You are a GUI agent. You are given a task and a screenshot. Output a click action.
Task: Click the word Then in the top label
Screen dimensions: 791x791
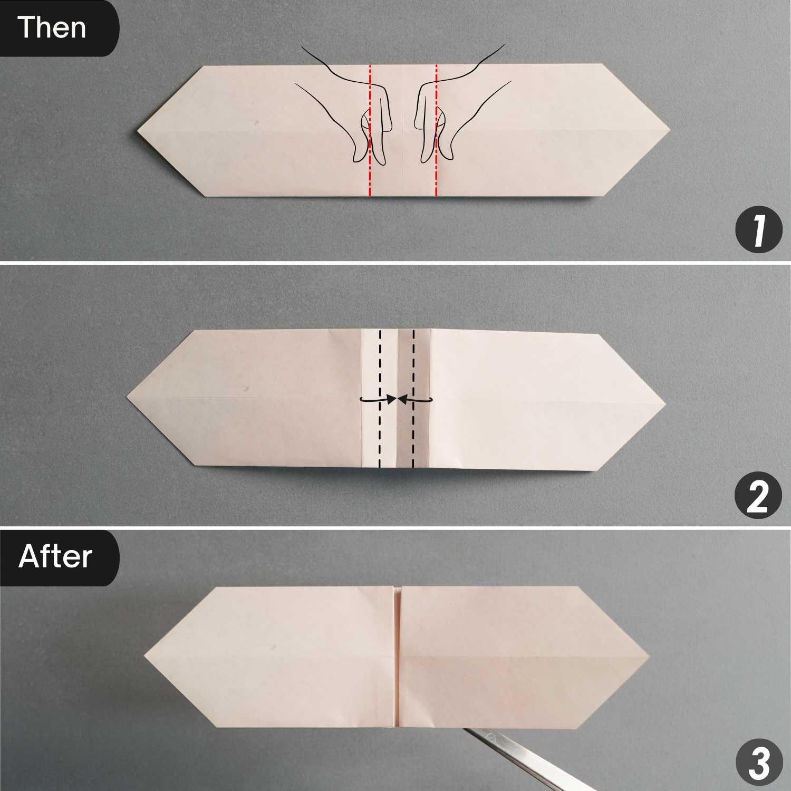52,27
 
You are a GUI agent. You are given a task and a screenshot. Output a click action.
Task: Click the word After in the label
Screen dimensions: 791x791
55,556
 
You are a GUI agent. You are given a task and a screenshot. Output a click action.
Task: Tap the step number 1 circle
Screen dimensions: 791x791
758,230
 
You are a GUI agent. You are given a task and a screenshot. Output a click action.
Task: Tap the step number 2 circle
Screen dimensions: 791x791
758,497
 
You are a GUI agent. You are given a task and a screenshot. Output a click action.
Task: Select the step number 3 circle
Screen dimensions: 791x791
758,762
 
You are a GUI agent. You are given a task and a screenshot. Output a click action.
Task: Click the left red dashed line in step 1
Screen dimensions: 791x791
370,130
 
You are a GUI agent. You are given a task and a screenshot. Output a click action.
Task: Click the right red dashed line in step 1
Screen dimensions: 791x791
436,130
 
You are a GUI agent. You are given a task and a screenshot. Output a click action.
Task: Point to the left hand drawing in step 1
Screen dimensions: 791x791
348,105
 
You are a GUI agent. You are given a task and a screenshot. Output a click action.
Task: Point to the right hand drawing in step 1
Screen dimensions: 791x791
459,105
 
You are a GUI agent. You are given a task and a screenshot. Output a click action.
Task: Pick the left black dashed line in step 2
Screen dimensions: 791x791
379,399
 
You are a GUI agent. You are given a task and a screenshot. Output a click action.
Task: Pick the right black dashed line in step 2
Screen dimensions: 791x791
413,399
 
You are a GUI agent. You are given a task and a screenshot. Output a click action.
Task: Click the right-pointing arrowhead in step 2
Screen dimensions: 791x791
391,400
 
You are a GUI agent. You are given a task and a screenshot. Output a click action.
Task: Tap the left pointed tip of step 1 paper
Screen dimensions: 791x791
138,129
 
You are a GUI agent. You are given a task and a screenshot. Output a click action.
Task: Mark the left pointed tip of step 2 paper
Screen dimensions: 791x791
128,397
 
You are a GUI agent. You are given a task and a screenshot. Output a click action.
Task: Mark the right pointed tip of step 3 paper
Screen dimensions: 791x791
650,657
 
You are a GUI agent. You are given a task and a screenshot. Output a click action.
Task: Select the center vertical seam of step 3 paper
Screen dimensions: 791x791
398,657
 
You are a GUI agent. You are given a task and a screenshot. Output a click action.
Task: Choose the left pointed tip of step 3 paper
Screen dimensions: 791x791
144,657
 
